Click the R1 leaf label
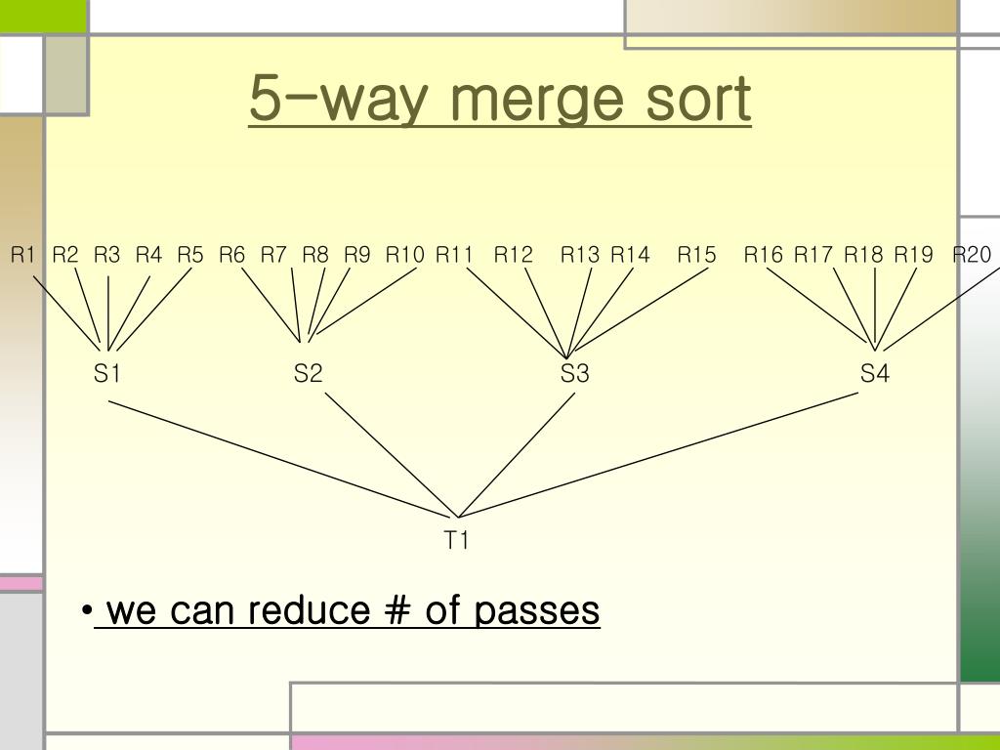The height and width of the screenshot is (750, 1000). (22, 255)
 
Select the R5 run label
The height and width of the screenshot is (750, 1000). (190, 255)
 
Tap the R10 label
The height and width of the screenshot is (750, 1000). (404, 255)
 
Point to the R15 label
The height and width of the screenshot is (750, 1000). (696, 255)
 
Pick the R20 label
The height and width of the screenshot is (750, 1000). (972, 255)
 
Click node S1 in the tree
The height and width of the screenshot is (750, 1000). (106, 373)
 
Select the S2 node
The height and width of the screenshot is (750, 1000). (308, 373)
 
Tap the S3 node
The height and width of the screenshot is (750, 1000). (575, 373)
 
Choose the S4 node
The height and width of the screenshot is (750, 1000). (875, 373)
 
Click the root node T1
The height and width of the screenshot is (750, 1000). (457, 540)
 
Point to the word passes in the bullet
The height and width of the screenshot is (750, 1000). (537, 611)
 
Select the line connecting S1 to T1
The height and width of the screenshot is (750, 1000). (283, 459)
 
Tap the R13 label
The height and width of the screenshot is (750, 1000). (579, 255)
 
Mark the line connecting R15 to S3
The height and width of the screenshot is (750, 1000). (640, 311)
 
